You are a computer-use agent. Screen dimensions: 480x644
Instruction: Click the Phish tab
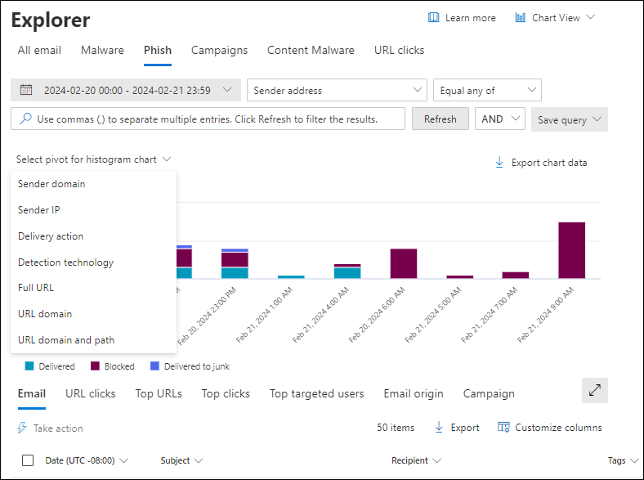[x=158, y=51]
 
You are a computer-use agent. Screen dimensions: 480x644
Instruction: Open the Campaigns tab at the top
[x=219, y=51]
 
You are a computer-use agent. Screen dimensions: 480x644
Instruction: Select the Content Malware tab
[x=311, y=51]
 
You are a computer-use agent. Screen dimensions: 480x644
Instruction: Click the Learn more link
[x=462, y=18]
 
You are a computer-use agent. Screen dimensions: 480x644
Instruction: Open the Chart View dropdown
[x=555, y=18]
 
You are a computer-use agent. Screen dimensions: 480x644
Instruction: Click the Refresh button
[x=440, y=119]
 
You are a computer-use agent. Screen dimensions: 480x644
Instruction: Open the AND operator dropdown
[x=499, y=119]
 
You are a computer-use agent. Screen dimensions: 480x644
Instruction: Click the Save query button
[x=569, y=120]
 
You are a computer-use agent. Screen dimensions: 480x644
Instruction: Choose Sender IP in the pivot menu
[x=39, y=210]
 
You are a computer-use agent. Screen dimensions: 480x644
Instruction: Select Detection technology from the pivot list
[x=65, y=262]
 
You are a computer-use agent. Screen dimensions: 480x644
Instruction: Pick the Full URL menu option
[x=36, y=288]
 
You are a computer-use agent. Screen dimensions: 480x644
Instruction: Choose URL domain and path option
[x=66, y=340]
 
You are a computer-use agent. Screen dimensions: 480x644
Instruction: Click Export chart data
[x=541, y=163]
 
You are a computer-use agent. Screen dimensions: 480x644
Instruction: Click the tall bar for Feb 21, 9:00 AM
[x=571, y=250]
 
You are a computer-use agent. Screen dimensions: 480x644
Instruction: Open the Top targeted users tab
[x=316, y=394]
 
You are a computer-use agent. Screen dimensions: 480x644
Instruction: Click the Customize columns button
[x=549, y=428]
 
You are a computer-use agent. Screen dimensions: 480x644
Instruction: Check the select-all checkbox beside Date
[x=28, y=460]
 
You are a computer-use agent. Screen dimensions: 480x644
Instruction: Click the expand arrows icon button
[x=594, y=391]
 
